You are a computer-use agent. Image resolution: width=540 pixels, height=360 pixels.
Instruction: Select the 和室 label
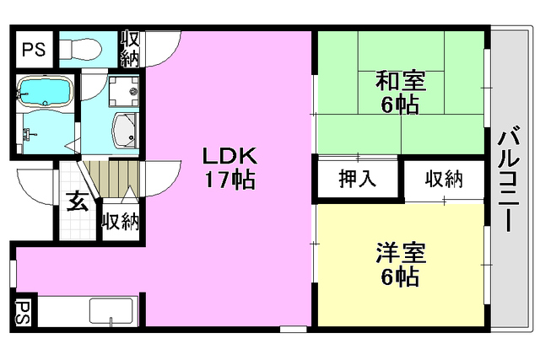(x=400, y=83)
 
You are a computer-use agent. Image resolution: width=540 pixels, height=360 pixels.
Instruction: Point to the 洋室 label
(x=400, y=253)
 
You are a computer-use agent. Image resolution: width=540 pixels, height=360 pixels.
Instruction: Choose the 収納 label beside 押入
(x=443, y=179)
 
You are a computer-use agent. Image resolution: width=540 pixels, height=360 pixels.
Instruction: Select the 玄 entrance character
(x=78, y=201)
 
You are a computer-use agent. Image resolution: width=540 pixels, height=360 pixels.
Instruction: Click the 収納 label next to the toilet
(x=130, y=48)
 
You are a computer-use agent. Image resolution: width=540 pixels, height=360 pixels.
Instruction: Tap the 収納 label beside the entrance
(x=120, y=222)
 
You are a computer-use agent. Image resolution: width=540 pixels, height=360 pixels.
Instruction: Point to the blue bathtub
(x=46, y=92)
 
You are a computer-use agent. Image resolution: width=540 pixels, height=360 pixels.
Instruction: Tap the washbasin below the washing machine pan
(x=126, y=132)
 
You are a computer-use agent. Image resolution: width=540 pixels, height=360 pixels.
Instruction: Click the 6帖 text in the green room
(x=400, y=105)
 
